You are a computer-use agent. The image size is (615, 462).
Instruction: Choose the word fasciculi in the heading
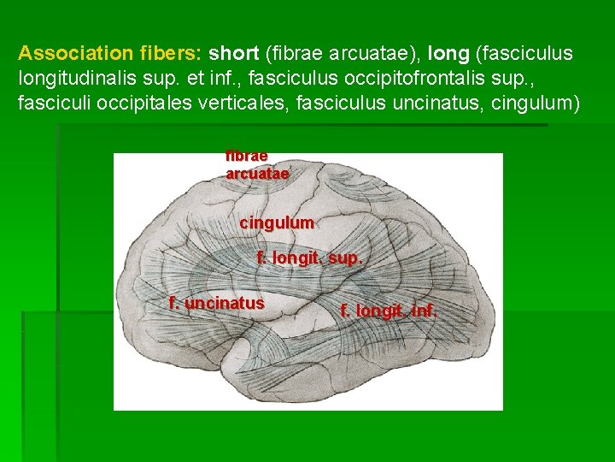[52, 104]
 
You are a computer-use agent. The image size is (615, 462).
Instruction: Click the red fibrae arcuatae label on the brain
[257, 164]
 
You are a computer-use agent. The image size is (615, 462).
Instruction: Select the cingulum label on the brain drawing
[277, 222]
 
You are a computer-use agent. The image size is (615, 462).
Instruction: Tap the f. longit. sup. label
[310, 257]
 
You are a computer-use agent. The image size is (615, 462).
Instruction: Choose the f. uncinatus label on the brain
[217, 303]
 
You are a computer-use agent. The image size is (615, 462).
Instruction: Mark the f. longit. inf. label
[389, 311]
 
